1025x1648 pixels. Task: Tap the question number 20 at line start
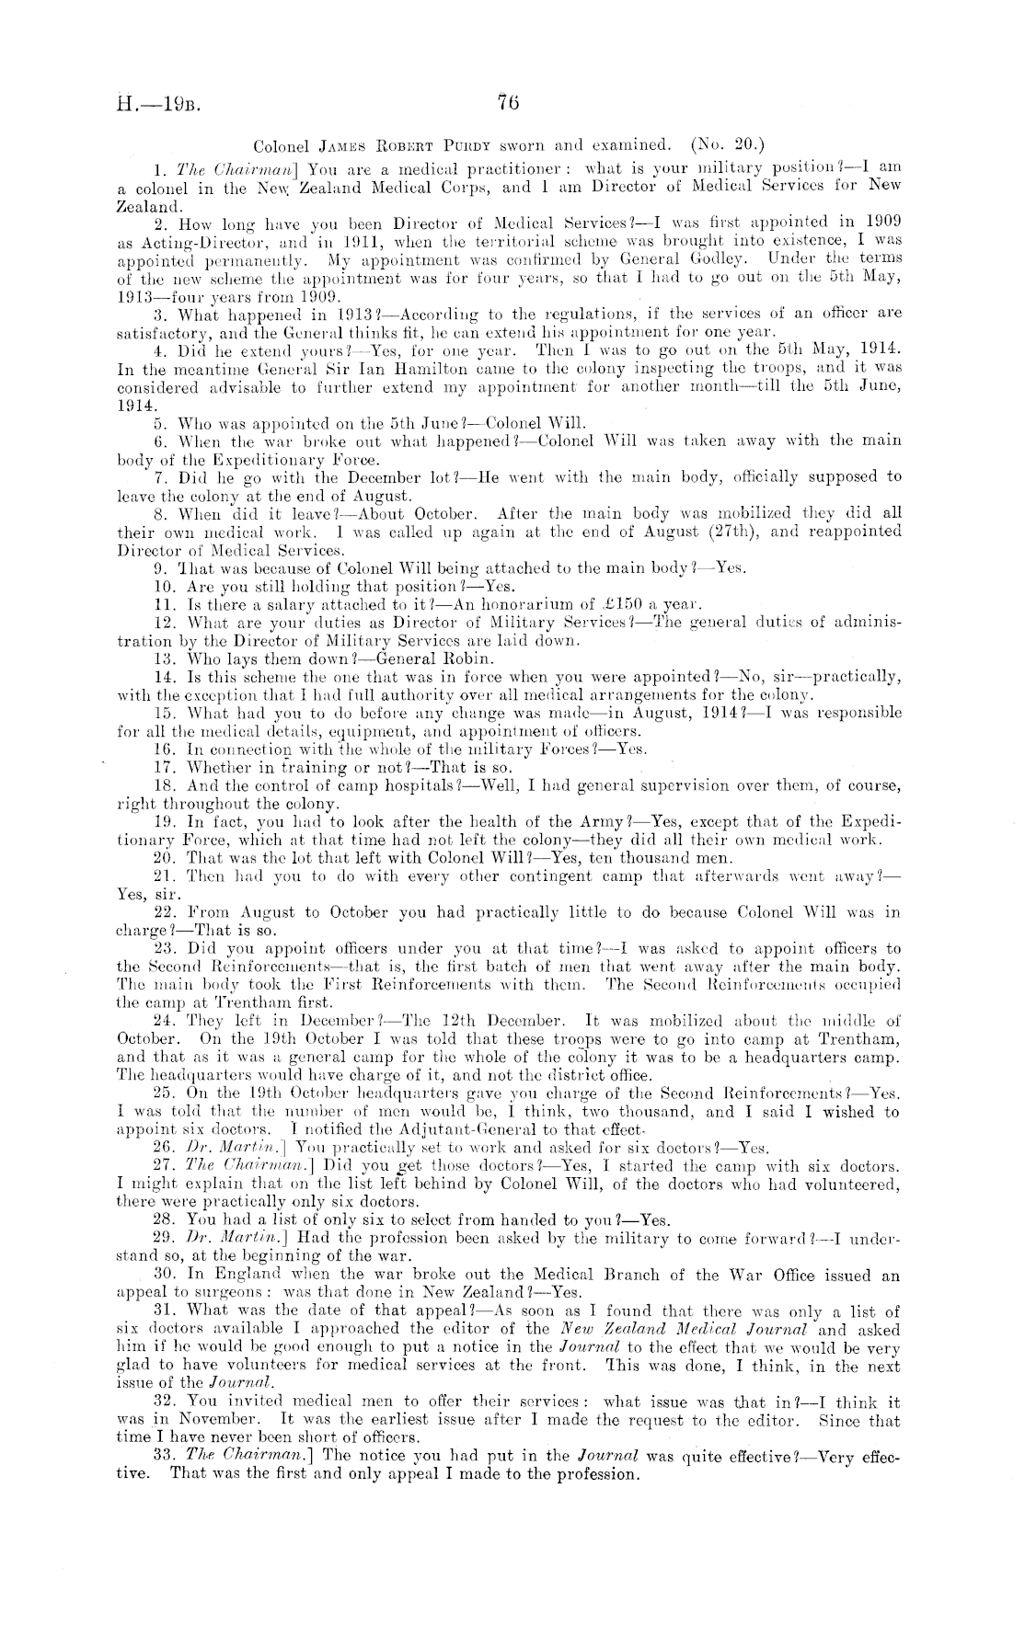click(x=169, y=856)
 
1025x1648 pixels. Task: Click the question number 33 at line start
click(x=169, y=1454)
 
